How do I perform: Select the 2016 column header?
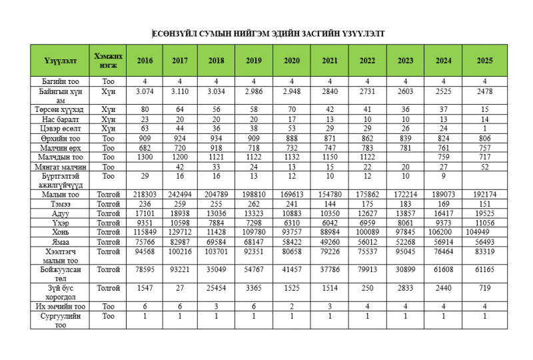coord(145,60)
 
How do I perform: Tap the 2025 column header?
coord(484,60)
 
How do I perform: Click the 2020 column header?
coord(291,60)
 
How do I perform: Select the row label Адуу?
coord(61,213)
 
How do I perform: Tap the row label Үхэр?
coord(61,223)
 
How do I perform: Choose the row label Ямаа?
coord(61,242)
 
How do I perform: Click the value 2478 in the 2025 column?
coord(484,90)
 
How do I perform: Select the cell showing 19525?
coord(484,213)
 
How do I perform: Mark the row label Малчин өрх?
coord(61,147)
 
